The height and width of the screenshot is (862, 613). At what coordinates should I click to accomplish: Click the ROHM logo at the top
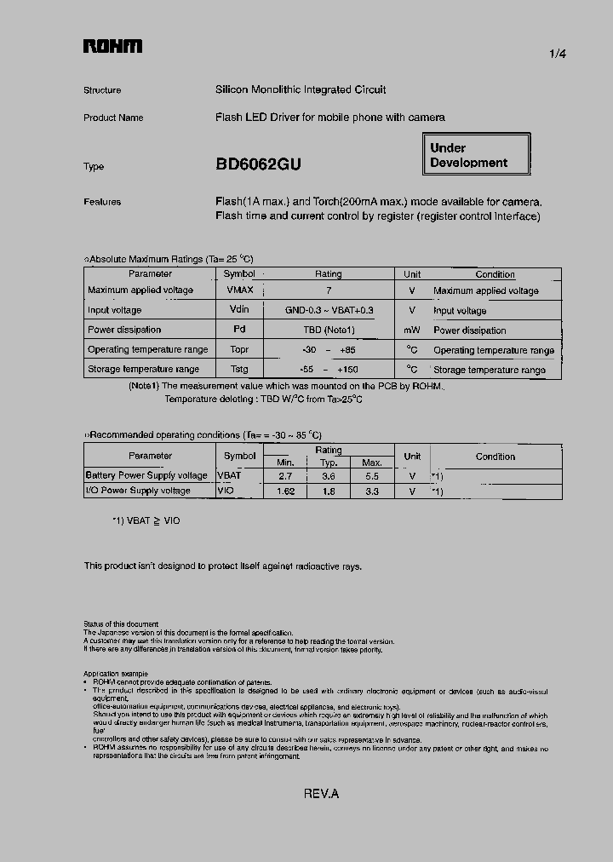[112, 48]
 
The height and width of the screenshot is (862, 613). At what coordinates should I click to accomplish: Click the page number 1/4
[558, 54]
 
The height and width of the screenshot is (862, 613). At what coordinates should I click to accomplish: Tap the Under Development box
[477, 155]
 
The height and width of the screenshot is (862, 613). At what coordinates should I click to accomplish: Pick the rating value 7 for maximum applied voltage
[329, 290]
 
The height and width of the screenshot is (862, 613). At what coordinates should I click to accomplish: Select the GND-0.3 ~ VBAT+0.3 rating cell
[329, 311]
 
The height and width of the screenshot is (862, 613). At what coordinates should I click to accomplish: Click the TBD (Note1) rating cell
[329, 330]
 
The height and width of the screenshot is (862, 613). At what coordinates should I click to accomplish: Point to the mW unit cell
[412, 330]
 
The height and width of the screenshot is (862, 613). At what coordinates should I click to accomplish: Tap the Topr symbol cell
[239, 350]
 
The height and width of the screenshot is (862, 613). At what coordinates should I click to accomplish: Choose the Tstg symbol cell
[239, 370]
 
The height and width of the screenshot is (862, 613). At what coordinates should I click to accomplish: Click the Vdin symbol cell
[239, 311]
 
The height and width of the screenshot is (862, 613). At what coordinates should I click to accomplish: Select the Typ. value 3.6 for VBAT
[329, 476]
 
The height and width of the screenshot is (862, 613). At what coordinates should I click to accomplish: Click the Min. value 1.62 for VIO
[285, 491]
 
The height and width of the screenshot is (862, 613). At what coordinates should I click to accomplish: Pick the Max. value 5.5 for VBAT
[371, 476]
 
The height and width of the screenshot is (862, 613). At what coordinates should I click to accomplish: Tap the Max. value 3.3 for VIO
[371, 491]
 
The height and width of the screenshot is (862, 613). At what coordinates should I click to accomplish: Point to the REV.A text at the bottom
[321, 794]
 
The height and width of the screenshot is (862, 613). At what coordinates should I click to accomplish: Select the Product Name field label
[113, 118]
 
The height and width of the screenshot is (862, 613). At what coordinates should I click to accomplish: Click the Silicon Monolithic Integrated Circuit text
[301, 89]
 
